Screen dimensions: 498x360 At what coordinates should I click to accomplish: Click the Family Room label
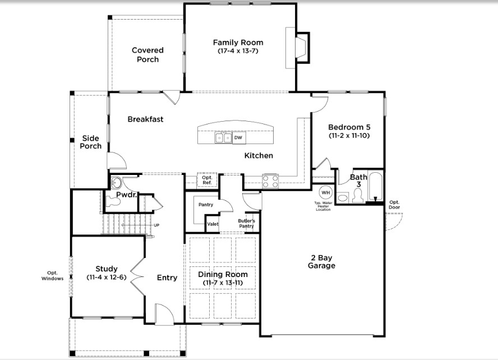tap(238, 43)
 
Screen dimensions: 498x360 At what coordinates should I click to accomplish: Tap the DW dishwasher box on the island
tap(238, 138)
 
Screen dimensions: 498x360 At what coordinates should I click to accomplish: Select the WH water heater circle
tap(325, 192)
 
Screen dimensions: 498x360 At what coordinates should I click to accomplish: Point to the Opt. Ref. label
tap(207, 180)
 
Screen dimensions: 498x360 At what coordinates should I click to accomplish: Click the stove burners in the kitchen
tap(270, 182)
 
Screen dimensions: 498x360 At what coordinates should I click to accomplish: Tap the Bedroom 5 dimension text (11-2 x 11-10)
tap(349, 136)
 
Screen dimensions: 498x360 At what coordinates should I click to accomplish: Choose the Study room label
tap(107, 269)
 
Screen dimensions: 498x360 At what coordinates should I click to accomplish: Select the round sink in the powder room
tap(116, 183)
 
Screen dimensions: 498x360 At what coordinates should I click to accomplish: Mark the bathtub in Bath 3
tap(375, 186)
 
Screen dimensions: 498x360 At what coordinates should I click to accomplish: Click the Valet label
tap(213, 224)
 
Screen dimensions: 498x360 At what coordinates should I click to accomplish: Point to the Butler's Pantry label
tap(246, 224)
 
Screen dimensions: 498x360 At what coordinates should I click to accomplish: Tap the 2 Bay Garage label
tap(321, 261)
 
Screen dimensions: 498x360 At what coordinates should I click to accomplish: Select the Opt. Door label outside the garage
tap(394, 205)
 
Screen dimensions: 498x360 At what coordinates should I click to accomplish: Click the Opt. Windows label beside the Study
tap(52, 275)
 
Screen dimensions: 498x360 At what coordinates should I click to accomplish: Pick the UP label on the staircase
tap(156, 225)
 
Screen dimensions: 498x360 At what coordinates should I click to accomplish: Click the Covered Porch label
tap(147, 54)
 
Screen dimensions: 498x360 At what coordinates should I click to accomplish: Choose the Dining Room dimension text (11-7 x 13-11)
tap(223, 283)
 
